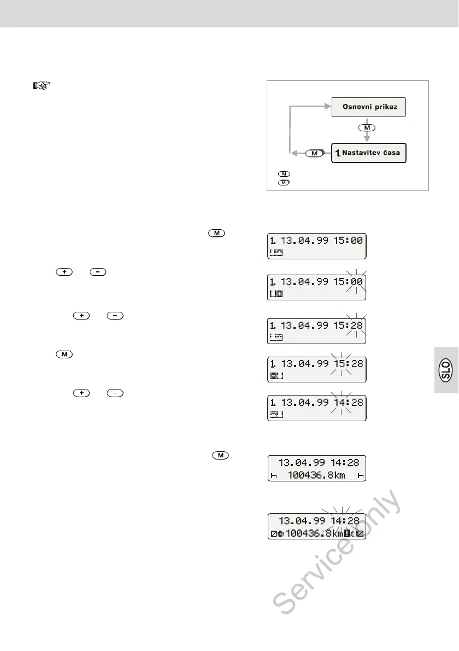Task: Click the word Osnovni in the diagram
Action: click(355, 106)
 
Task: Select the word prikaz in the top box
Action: click(389, 106)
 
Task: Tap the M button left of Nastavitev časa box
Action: click(314, 154)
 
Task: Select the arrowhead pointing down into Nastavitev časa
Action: click(367, 139)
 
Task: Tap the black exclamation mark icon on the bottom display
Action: click(347, 532)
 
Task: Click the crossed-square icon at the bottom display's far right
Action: click(361, 532)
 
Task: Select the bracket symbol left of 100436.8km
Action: click(274, 476)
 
